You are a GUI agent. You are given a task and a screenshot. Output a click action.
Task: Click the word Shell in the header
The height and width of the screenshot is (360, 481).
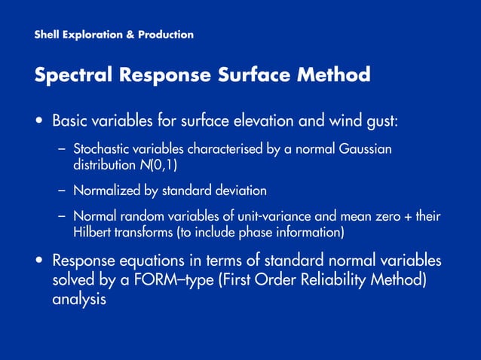click(47, 35)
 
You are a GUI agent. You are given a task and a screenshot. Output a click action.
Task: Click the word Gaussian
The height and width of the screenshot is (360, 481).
click(366, 149)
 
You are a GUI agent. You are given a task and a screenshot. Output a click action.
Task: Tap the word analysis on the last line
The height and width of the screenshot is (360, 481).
click(78, 299)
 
